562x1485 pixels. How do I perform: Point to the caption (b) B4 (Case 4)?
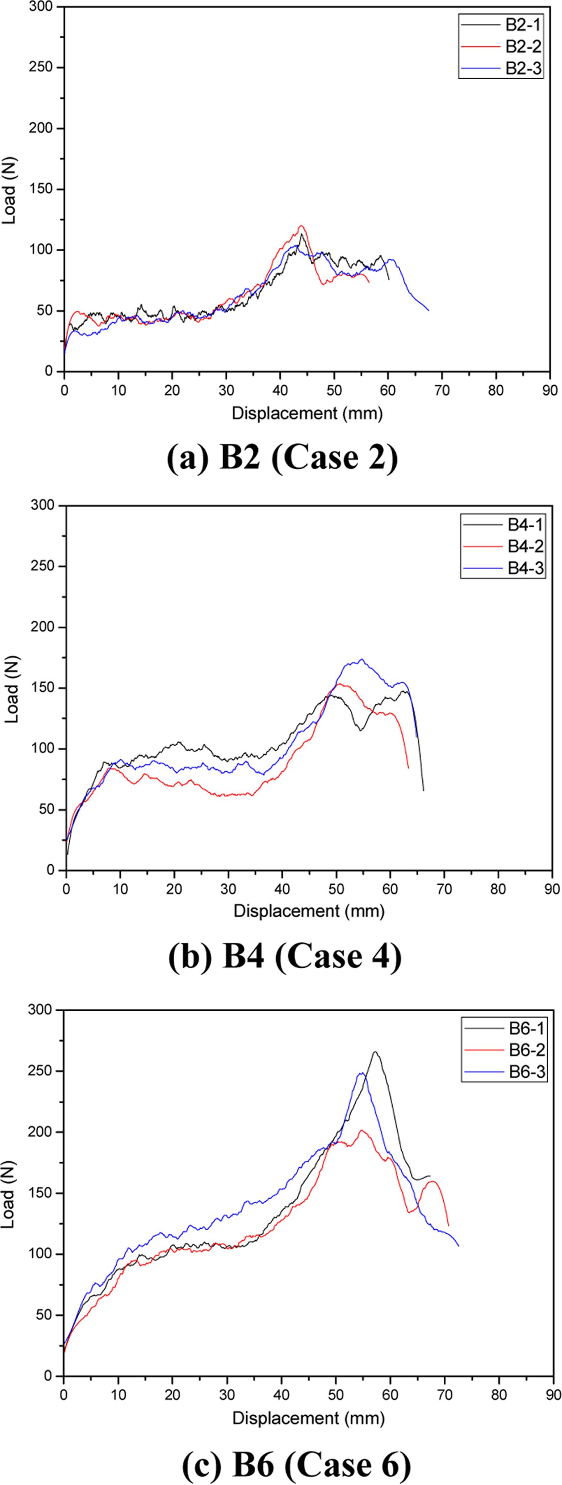point(285,957)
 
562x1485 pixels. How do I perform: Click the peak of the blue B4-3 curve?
point(361,659)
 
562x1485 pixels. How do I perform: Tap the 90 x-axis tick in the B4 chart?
point(552,889)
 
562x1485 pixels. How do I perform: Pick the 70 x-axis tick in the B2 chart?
point(442,390)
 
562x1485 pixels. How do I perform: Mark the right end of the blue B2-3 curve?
point(428,311)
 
